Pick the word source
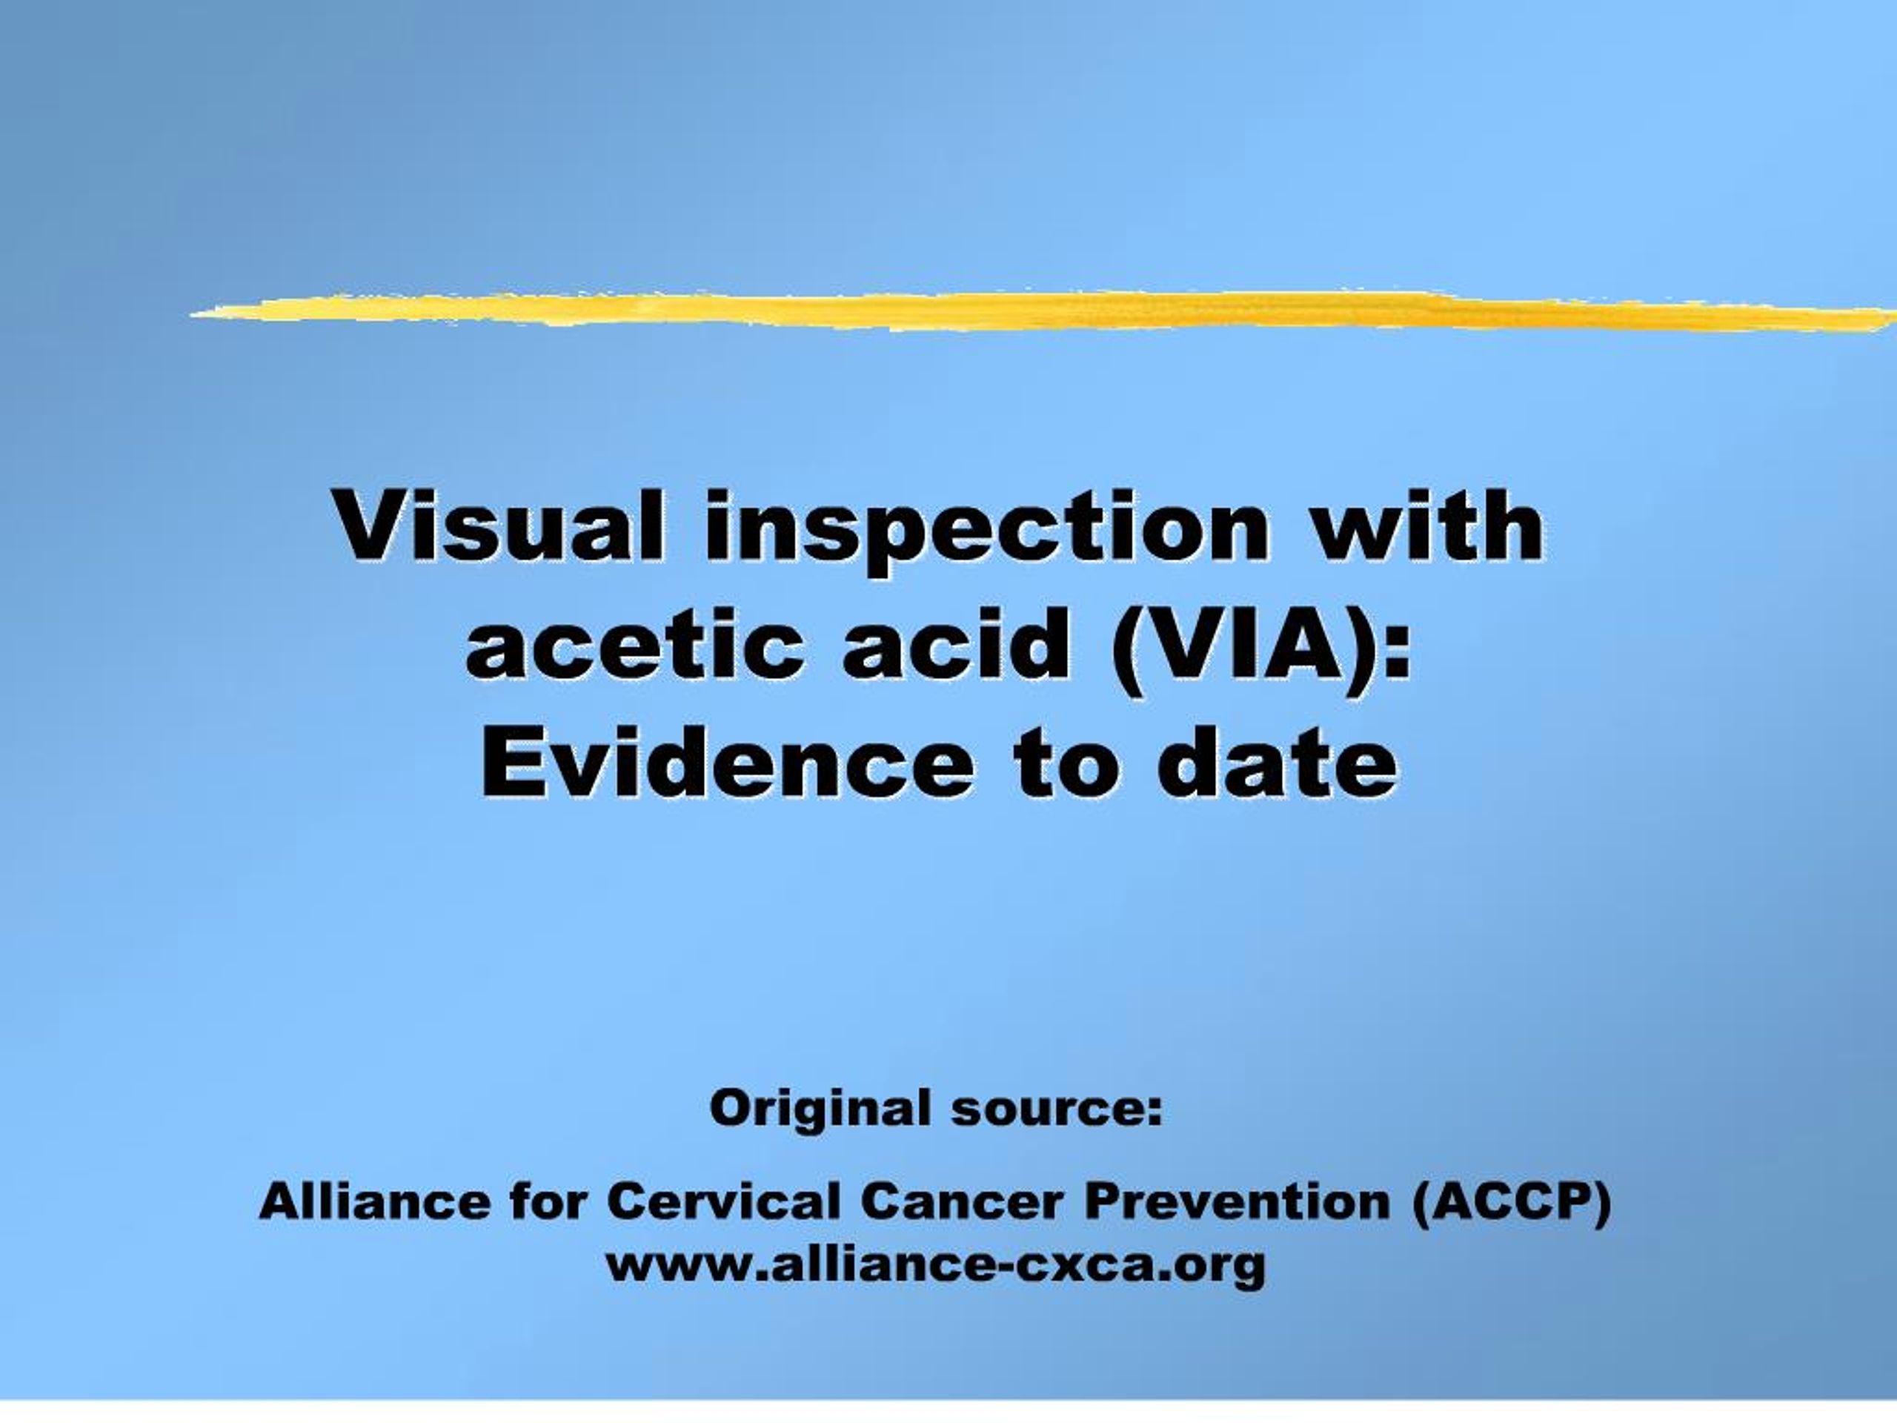point(1056,1109)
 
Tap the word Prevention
point(1236,1201)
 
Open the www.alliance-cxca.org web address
point(934,1265)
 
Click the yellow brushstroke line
point(1029,311)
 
